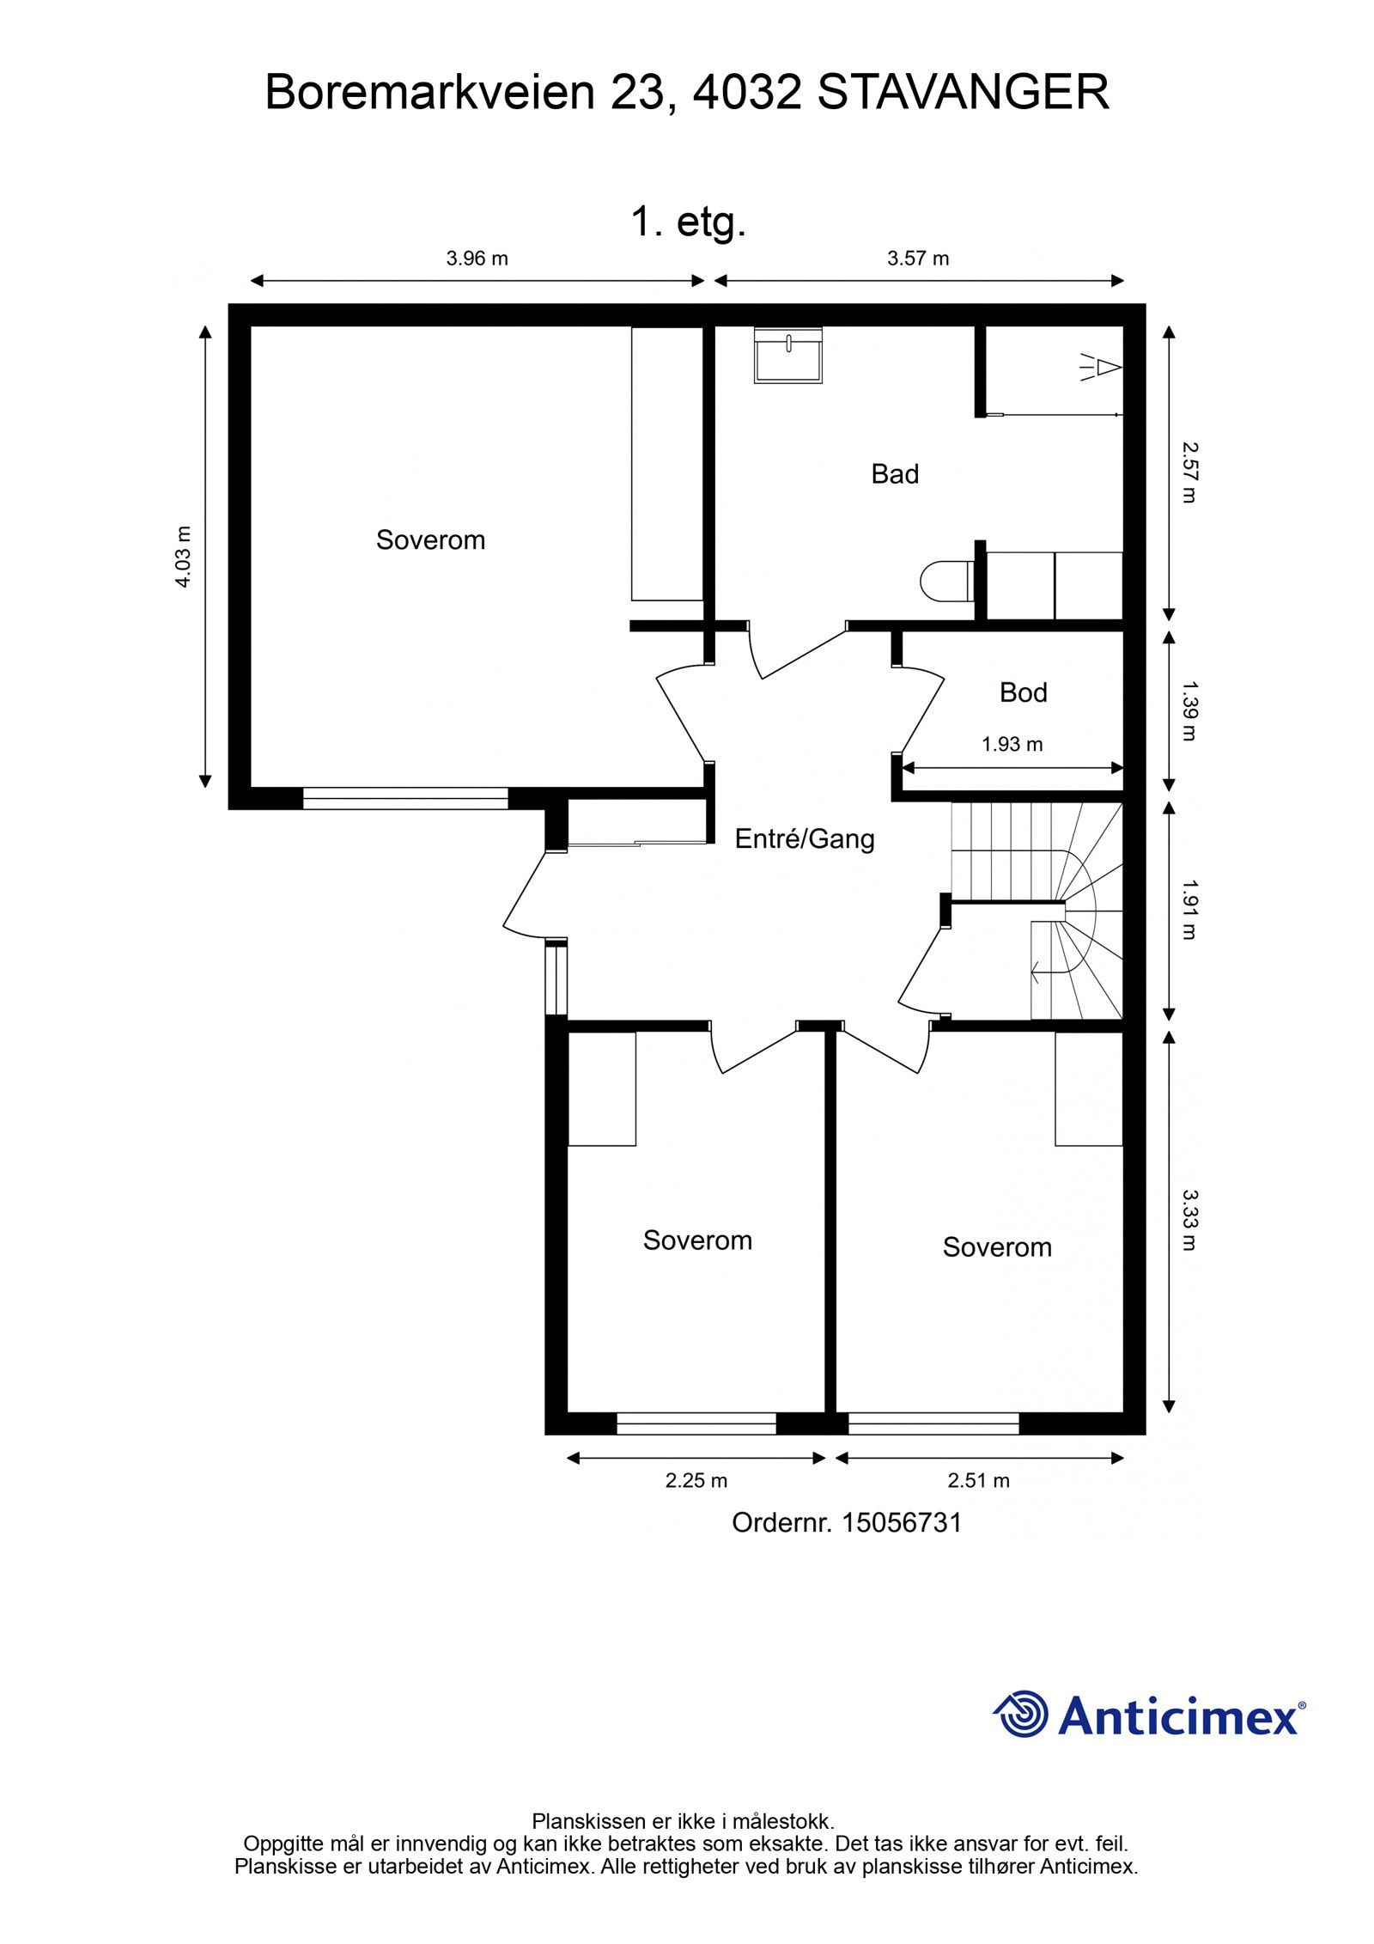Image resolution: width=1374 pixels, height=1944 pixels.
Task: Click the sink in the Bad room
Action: tap(787, 354)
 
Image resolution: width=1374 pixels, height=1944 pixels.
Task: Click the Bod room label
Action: tap(1022, 692)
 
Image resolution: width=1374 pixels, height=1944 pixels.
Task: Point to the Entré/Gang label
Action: tap(804, 839)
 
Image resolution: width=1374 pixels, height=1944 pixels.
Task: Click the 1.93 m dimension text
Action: tap(1012, 745)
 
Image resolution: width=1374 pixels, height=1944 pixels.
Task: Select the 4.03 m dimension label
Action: tap(183, 556)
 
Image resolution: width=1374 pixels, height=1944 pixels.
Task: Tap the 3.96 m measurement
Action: tap(477, 259)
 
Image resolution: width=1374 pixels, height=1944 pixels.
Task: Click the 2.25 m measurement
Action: tap(696, 1480)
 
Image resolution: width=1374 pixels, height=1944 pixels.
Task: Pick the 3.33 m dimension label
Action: tap(1188, 1220)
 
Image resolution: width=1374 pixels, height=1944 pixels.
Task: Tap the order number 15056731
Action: tap(901, 1523)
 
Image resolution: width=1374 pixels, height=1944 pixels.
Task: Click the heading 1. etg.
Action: tap(688, 222)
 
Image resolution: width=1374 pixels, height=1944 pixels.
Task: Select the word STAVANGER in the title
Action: tap(962, 93)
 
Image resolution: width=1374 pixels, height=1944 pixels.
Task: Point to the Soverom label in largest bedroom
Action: tap(430, 540)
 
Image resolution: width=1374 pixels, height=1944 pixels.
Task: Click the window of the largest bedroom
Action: tap(405, 799)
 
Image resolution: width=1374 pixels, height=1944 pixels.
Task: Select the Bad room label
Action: tap(894, 474)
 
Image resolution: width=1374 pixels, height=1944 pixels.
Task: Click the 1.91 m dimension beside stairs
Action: tap(1188, 909)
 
